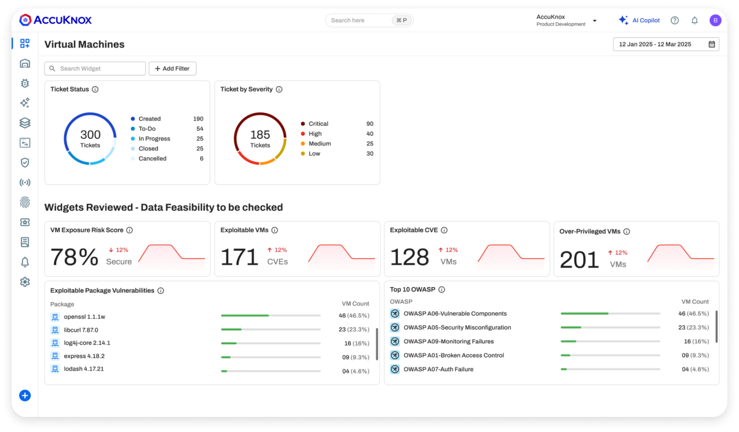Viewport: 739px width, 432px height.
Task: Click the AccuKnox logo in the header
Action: tap(55, 20)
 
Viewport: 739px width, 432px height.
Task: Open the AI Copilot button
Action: tap(639, 20)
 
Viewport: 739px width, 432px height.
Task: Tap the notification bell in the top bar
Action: tap(695, 20)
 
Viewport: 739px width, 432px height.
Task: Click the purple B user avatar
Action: tap(715, 20)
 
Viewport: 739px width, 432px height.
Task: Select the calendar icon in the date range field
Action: tap(712, 44)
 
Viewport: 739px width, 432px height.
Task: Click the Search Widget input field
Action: tap(95, 69)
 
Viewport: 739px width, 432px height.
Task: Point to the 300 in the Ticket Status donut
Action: tap(90, 135)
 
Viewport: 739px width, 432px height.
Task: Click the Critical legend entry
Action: tap(318, 124)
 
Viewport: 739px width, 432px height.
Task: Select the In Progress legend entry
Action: tap(154, 139)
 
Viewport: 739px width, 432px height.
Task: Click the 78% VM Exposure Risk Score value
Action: tap(75, 257)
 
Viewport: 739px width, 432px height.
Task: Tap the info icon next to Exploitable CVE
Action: tap(444, 230)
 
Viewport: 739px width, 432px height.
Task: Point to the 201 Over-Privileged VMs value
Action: tap(579, 260)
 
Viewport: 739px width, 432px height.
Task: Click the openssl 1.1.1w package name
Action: tap(84, 316)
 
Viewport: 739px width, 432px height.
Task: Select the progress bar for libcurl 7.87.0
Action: tap(271, 329)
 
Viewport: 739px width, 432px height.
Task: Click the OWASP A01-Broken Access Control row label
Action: tap(453, 355)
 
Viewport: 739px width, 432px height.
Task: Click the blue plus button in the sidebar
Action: tap(25, 396)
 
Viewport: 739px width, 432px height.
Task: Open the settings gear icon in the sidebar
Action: tap(25, 282)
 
